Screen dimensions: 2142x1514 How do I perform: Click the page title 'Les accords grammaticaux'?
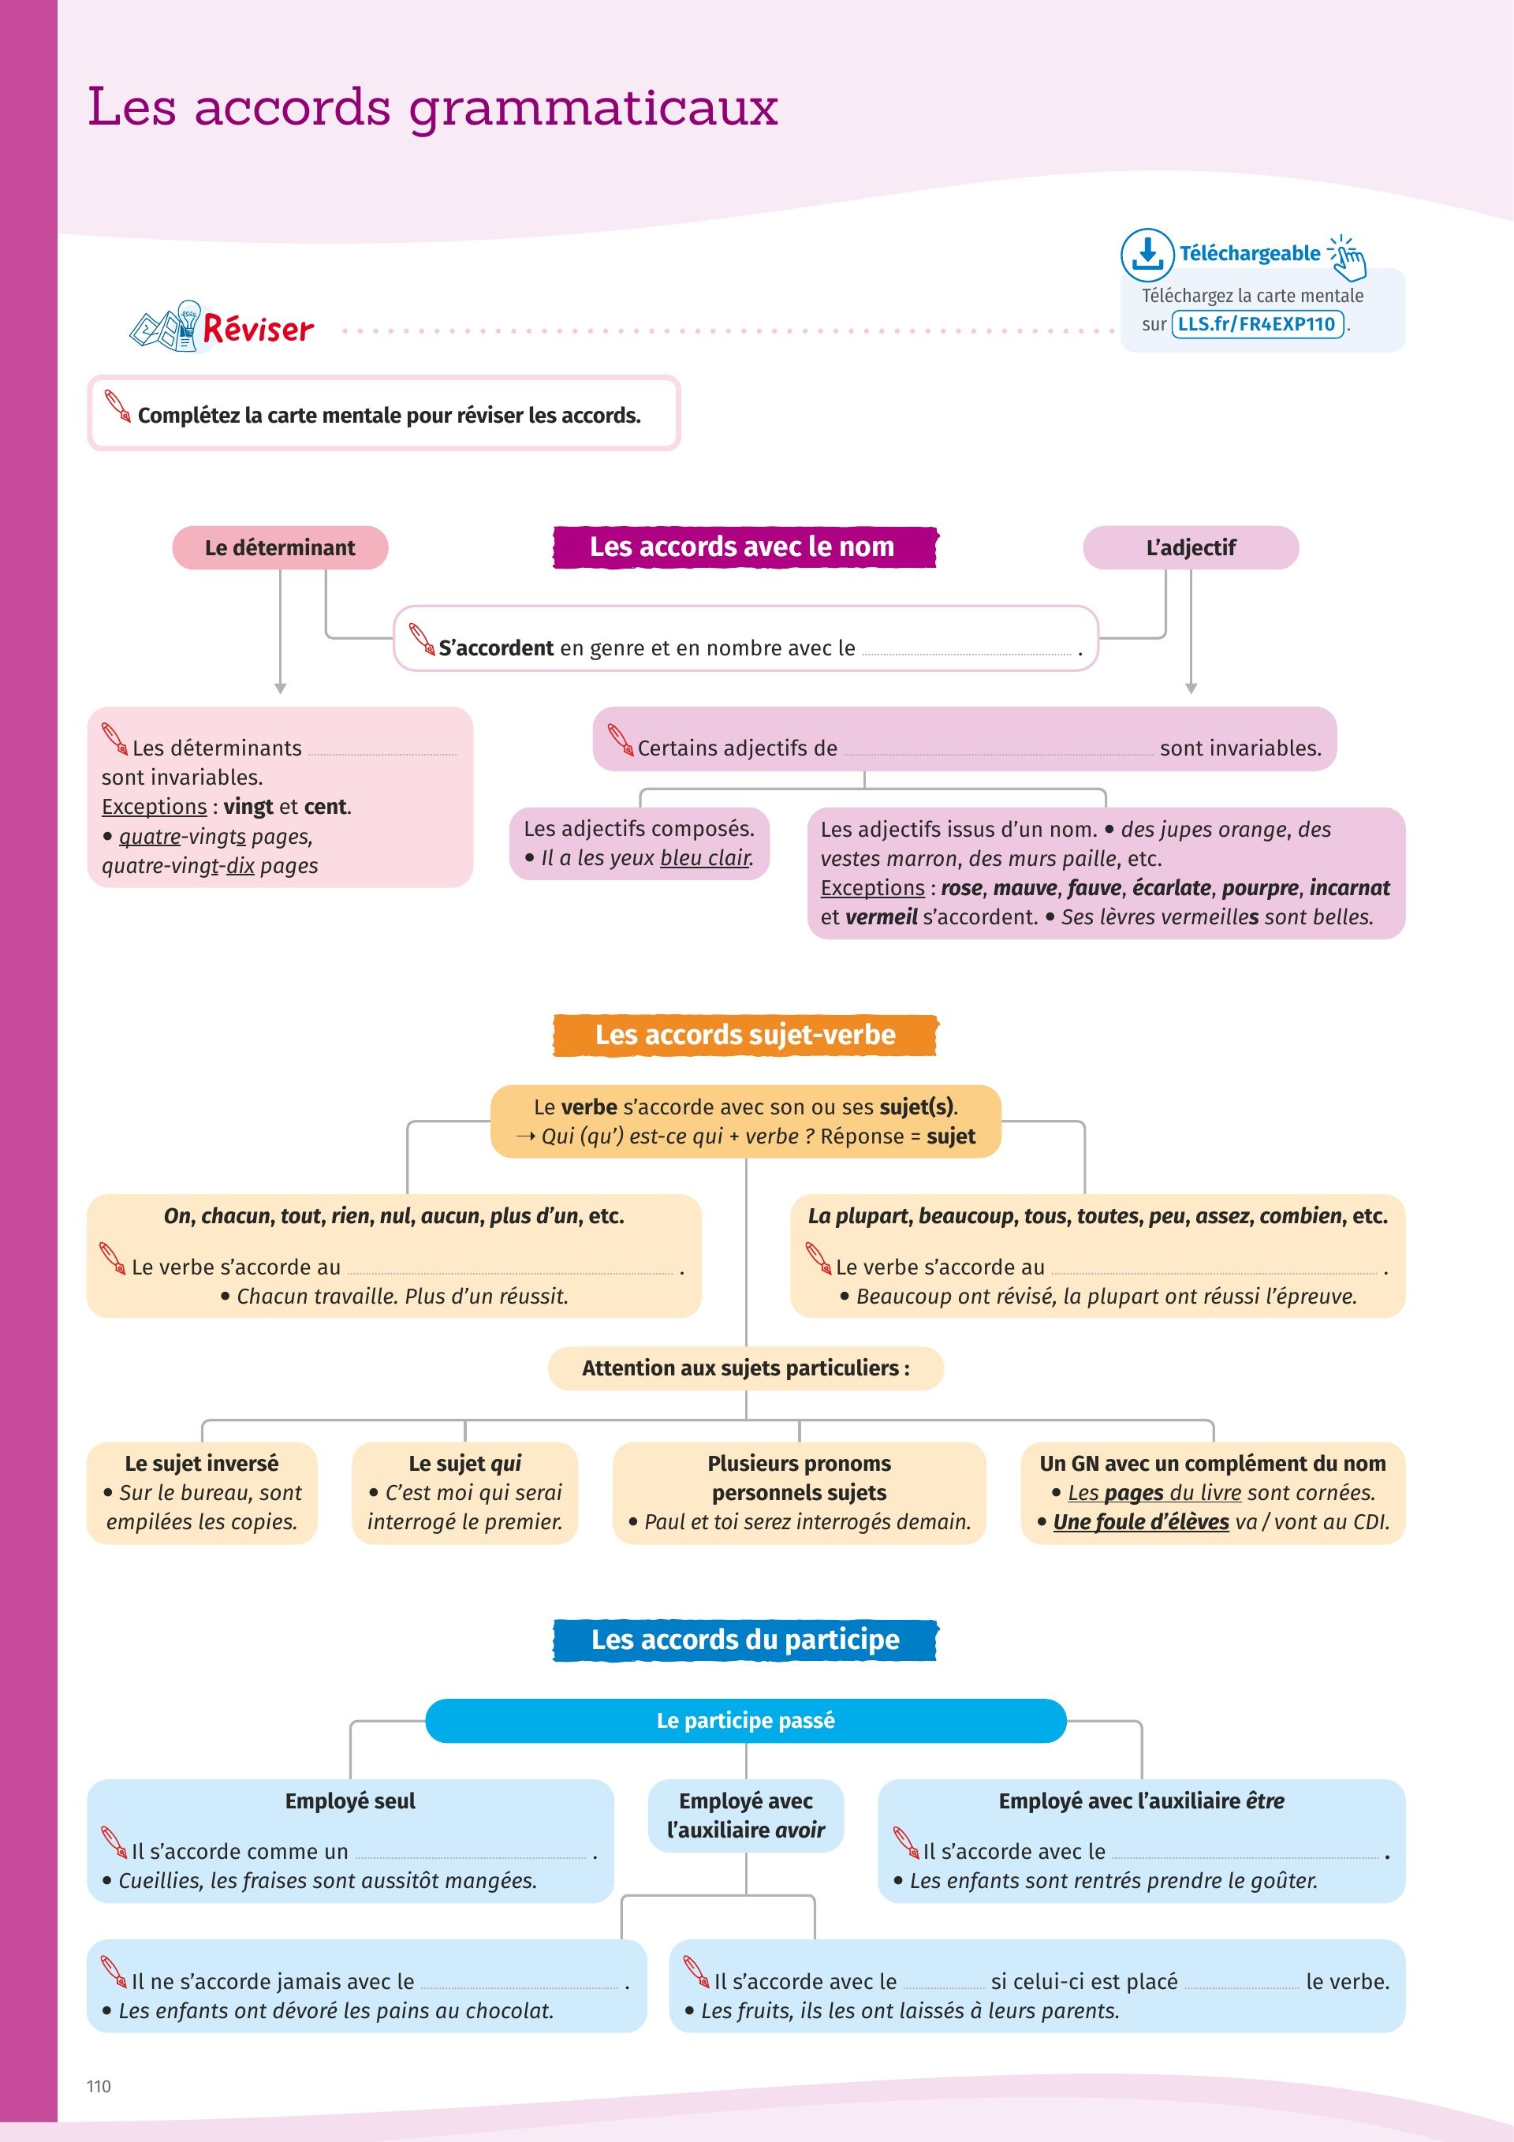click(432, 107)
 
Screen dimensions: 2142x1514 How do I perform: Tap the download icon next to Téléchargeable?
click(1147, 254)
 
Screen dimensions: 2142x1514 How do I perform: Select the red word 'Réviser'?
click(259, 330)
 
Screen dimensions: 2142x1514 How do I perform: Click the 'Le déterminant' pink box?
click(280, 547)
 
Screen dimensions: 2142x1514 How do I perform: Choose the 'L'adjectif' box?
click(1191, 547)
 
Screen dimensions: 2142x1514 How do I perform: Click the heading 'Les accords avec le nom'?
click(744, 547)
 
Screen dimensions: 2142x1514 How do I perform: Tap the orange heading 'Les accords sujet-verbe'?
click(744, 1035)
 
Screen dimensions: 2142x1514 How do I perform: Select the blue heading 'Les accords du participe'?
click(744, 1639)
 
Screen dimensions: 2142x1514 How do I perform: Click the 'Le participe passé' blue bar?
click(745, 1720)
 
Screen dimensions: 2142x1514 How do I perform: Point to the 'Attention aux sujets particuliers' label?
click(745, 1368)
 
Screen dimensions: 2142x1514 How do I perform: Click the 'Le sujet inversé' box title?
click(202, 1463)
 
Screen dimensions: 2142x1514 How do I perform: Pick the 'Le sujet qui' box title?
click(464, 1463)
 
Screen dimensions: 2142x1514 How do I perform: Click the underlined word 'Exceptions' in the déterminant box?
click(154, 807)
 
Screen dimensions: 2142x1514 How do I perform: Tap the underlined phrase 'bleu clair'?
click(705, 857)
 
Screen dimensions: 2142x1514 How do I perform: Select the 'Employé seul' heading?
click(350, 1801)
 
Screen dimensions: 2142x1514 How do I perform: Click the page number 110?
click(99, 2086)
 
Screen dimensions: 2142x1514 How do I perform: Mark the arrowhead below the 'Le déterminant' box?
click(280, 688)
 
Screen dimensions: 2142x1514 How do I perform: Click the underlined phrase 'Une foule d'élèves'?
click(1141, 1521)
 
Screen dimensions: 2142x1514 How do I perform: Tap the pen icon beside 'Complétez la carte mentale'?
click(117, 407)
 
